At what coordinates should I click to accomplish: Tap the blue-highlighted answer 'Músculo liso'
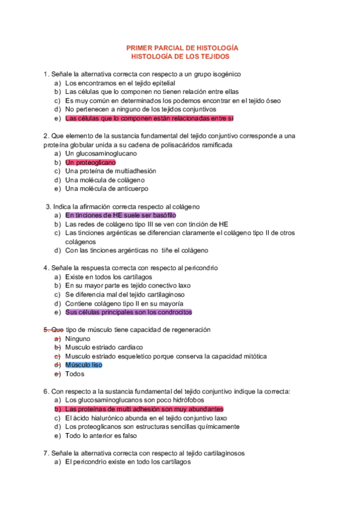click(x=84, y=365)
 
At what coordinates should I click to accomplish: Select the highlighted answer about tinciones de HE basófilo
click(x=120, y=215)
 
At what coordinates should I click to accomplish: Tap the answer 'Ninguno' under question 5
click(x=78, y=339)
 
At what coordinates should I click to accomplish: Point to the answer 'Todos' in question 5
click(x=75, y=374)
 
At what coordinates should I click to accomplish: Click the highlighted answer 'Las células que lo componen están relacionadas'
click(x=149, y=118)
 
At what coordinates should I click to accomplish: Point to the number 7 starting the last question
click(x=46, y=453)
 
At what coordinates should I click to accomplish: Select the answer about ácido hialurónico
click(x=146, y=418)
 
